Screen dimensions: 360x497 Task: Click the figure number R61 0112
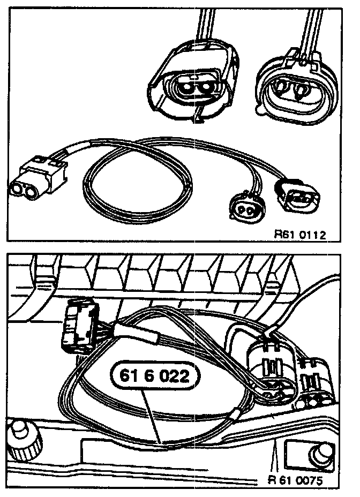(x=300, y=234)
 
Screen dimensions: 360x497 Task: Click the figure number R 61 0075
(x=296, y=480)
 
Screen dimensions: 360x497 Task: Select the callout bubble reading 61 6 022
(x=154, y=376)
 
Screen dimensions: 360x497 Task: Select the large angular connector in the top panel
(x=193, y=83)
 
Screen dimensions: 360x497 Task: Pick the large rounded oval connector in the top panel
(x=295, y=86)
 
